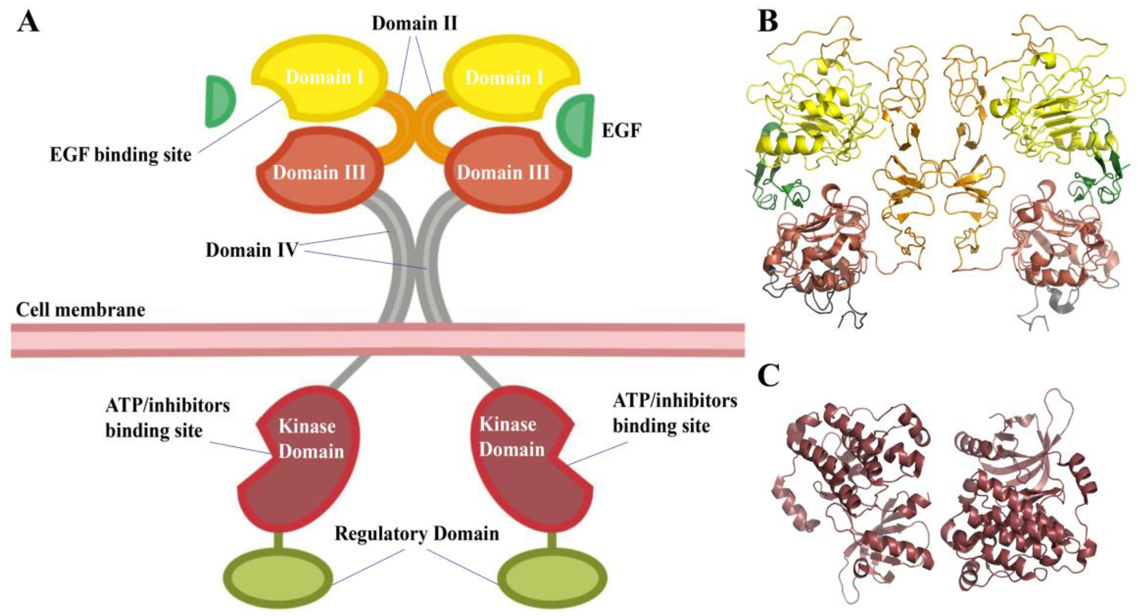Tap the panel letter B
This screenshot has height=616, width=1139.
pos(768,22)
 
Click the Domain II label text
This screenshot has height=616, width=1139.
pos(414,23)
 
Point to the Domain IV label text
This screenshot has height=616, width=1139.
pos(251,250)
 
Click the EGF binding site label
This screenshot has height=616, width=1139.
pos(120,155)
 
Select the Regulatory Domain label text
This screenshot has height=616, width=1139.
pos(416,533)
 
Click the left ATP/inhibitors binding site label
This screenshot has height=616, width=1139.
pos(167,418)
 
